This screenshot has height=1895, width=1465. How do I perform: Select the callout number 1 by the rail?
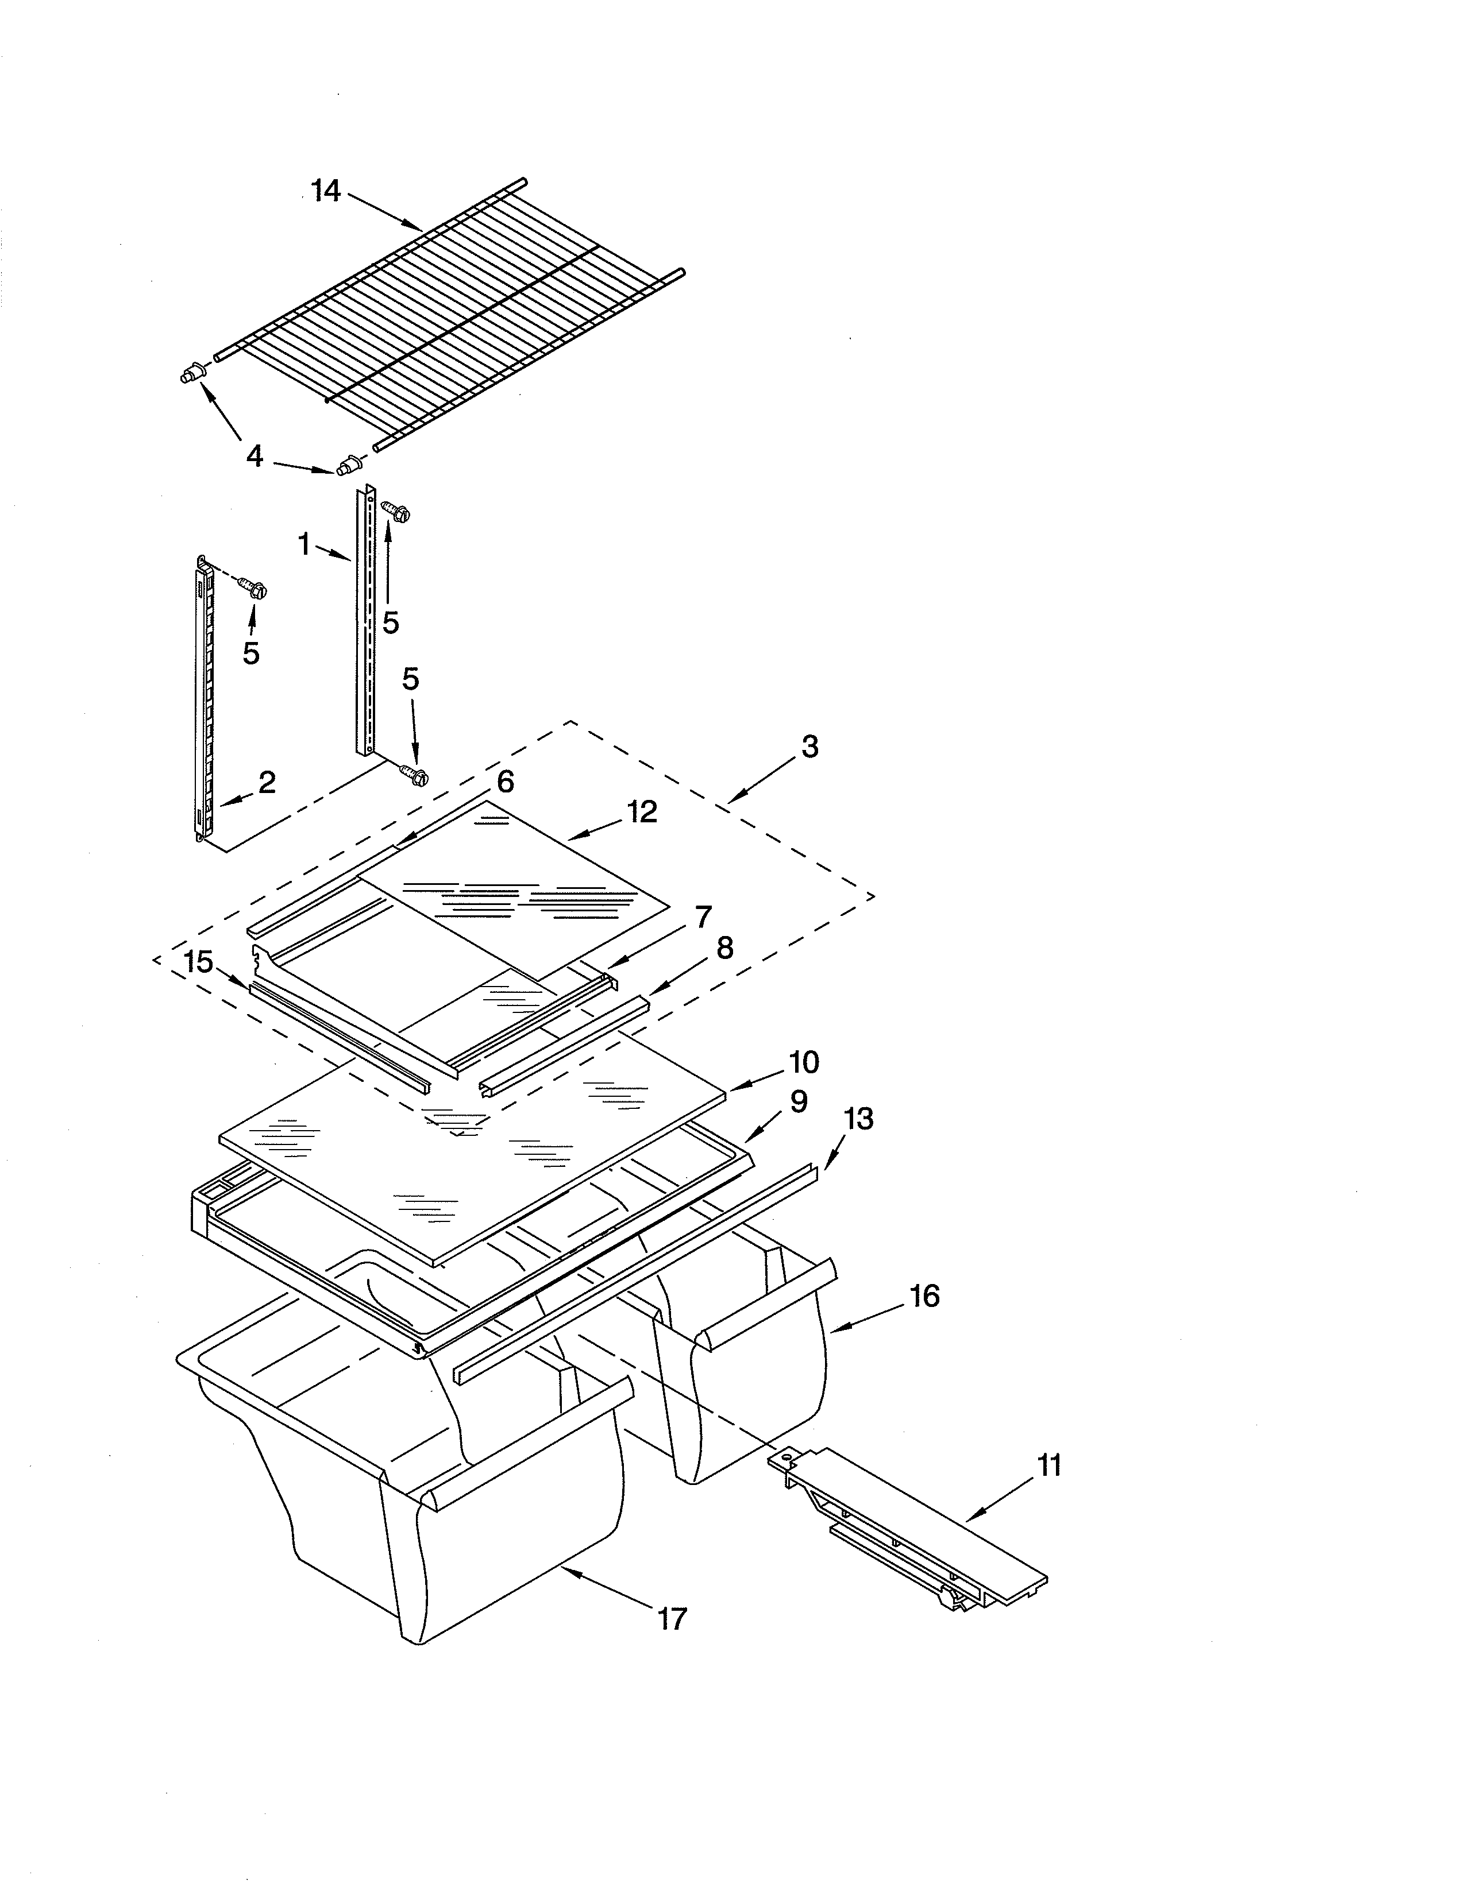(304, 544)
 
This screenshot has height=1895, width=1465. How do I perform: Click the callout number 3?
(809, 746)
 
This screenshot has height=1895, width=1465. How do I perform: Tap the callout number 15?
(199, 961)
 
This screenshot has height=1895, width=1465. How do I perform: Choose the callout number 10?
(804, 1061)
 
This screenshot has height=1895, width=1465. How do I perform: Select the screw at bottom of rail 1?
(414, 775)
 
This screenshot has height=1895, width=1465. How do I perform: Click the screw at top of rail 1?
(398, 511)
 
